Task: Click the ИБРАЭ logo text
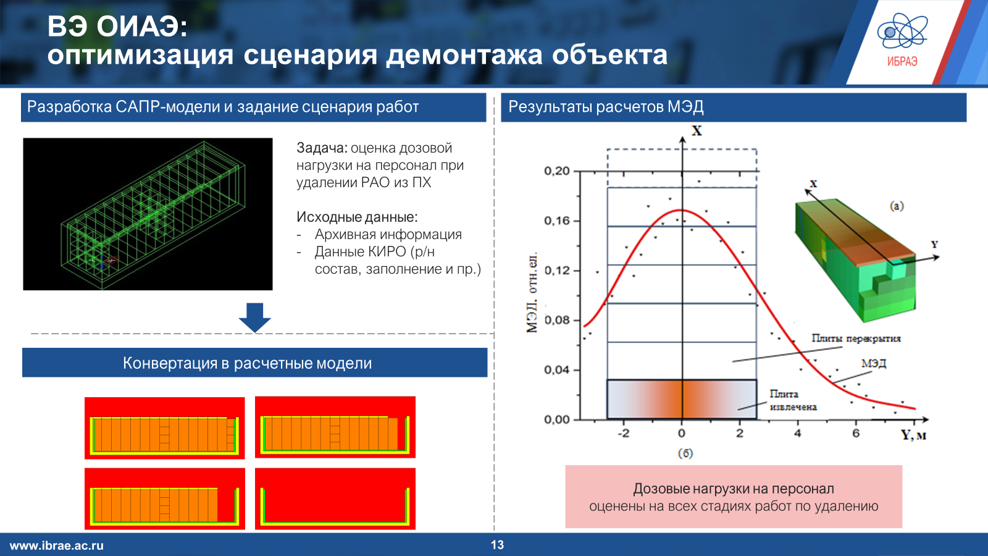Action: pyautogui.click(x=902, y=62)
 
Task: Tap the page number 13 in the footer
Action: pyautogui.click(x=497, y=545)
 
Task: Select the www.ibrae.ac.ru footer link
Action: pyautogui.click(x=56, y=545)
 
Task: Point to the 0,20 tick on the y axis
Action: pyautogui.click(x=557, y=171)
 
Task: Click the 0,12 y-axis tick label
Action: pyautogui.click(x=557, y=270)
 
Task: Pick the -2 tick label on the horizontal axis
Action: pyautogui.click(x=623, y=433)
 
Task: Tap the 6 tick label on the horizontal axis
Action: pyautogui.click(x=856, y=433)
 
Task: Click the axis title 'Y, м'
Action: pyautogui.click(x=913, y=436)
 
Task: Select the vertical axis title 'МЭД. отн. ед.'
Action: pyautogui.click(x=532, y=293)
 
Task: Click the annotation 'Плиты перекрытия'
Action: pyautogui.click(x=856, y=339)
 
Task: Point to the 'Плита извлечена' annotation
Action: pyautogui.click(x=793, y=400)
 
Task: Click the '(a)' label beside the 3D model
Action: pyautogui.click(x=897, y=206)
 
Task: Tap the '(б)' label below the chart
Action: pyautogui.click(x=685, y=453)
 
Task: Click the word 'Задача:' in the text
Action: pyautogui.click(x=322, y=148)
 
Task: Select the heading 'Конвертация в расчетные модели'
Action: pyautogui.click(x=248, y=363)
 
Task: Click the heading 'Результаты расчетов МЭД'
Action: pyautogui.click(x=606, y=107)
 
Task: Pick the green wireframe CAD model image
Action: pyautogui.click(x=148, y=214)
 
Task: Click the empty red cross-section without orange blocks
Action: pyautogui.click(x=335, y=499)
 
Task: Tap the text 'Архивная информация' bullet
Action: pyautogui.click(x=388, y=234)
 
